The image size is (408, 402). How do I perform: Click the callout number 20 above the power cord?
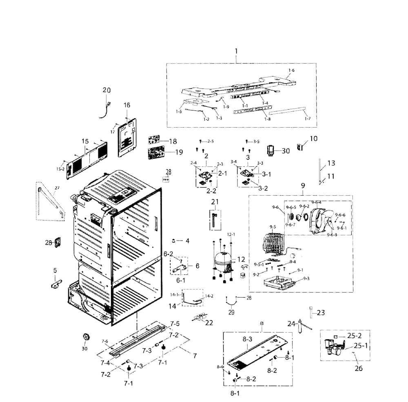click(x=106, y=90)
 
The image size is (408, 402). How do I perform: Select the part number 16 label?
click(x=126, y=105)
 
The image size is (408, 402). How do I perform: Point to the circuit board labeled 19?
click(x=155, y=154)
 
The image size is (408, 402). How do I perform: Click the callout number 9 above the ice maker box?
click(x=302, y=186)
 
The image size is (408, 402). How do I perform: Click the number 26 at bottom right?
click(x=358, y=369)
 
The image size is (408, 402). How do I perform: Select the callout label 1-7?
click(x=307, y=118)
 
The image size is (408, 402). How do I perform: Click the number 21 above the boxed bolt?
click(x=215, y=201)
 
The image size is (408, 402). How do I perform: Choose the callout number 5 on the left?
click(x=55, y=270)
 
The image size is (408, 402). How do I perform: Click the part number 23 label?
click(x=321, y=313)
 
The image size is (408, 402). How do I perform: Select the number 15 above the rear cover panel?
click(x=85, y=141)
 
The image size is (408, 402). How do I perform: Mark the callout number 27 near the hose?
click(x=56, y=188)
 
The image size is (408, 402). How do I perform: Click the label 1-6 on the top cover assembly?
click(x=290, y=71)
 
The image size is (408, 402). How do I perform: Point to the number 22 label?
click(x=209, y=323)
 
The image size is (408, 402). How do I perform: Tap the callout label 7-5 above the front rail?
click(x=175, y=324)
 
